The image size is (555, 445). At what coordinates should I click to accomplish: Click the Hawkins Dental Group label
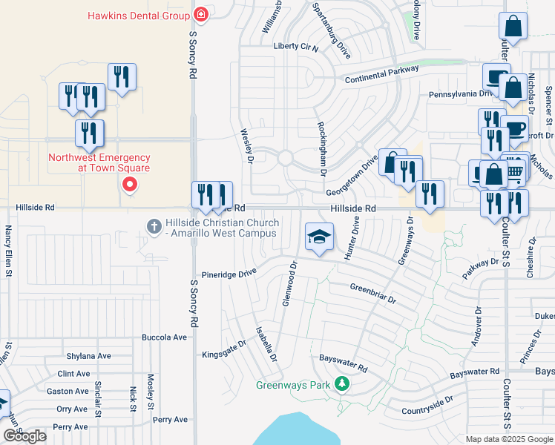tap(138, 15)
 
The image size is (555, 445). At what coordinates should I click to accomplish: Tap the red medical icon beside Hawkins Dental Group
tap(200, 15)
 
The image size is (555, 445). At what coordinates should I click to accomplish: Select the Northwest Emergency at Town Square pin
tap(130, 184)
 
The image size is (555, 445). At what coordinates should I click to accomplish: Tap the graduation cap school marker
tap(318, 237)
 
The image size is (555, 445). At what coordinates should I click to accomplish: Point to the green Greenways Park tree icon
tap(341, 384)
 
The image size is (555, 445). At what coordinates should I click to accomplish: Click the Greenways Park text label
tap(293, 385)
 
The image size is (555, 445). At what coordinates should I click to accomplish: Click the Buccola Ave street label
tap(165, 337)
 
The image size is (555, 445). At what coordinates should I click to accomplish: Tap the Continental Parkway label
tap(381, 73)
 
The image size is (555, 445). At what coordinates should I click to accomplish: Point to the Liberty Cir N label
tap(296, 47)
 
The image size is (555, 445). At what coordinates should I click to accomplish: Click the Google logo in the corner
tap(24, 436)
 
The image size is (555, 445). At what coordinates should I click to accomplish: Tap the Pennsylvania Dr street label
tap(460, 94)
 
